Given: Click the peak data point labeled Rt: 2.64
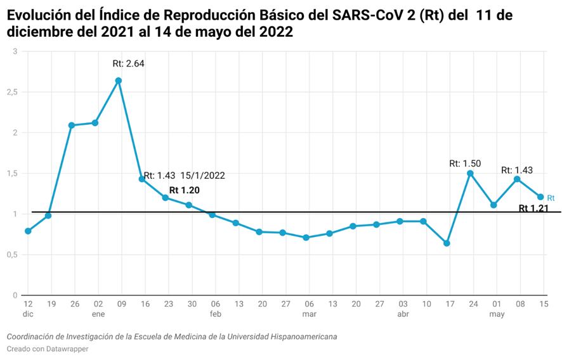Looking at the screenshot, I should pos(119,80).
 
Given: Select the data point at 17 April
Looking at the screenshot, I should pos(447,243).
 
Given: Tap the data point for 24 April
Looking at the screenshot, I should pos(470,173).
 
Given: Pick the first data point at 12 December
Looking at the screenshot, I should pos(28,231).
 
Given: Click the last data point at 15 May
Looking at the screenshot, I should pos(540,196).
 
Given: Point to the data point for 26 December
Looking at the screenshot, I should pos(72,125).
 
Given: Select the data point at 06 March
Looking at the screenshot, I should pos(306,238).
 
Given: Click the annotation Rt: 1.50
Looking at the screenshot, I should pos(463,164).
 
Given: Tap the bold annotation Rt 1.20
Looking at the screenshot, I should pos(185,190).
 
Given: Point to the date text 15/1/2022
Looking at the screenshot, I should pos(203,176).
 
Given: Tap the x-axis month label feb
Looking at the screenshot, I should pos(216,314).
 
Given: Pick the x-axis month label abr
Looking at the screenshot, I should pos(403,314).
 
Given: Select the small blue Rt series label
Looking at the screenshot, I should pos(551,198).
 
